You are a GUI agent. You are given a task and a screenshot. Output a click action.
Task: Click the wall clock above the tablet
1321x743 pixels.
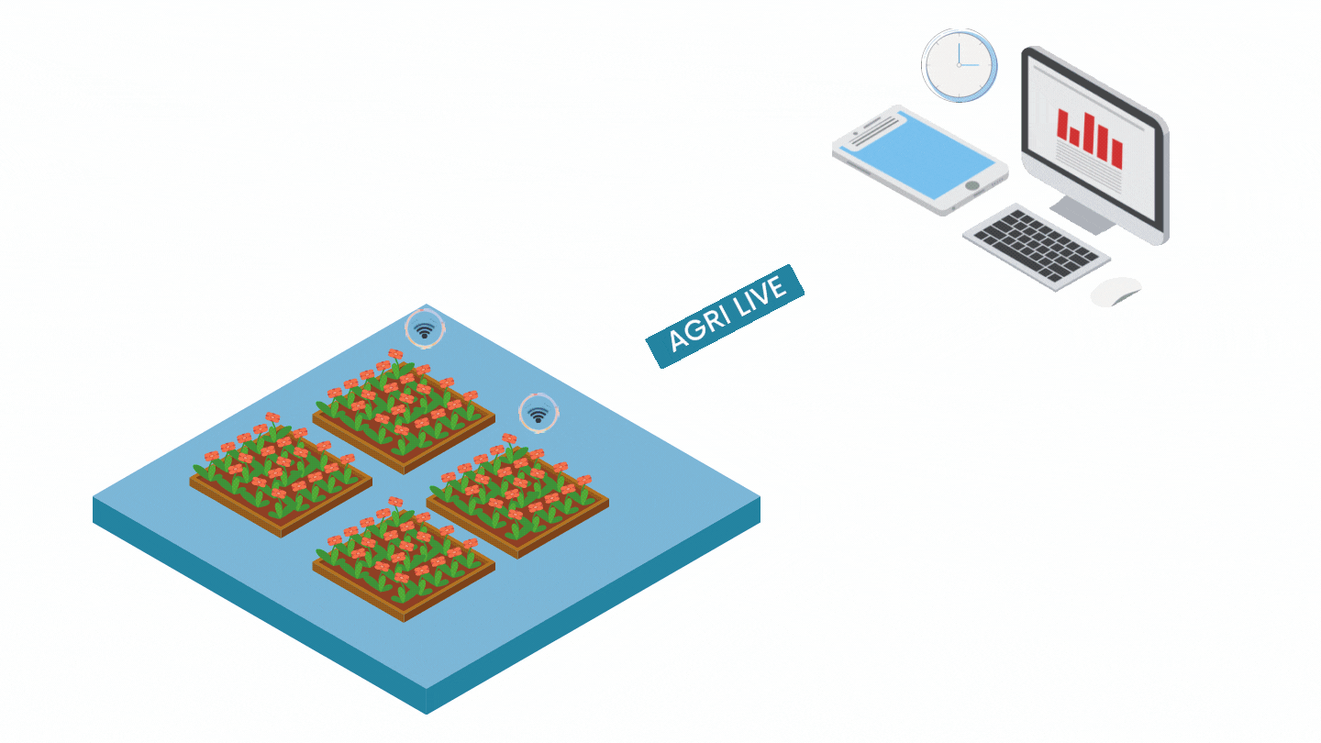[x=959, y=65]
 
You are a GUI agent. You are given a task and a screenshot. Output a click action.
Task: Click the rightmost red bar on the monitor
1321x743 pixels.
[x=1116, y=153]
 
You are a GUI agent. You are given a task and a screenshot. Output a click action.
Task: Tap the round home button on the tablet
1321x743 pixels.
[x=972, y=186]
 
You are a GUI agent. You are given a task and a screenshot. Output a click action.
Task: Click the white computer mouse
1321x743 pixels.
[x=1116, y=292]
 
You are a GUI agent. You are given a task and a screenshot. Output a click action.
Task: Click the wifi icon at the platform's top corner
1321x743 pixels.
[x=425, y=329]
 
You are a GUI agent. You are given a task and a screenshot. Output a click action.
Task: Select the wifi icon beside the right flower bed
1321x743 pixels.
[x=538, y=414]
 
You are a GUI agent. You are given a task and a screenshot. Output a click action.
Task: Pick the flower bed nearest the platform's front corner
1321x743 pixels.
[x=404, y=560]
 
